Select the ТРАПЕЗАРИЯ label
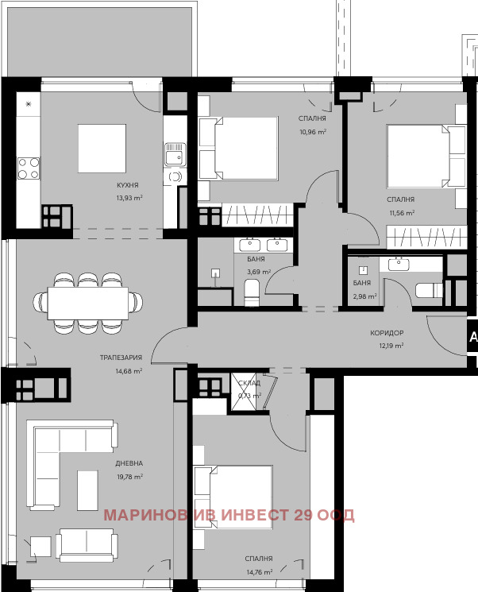coord(121,358)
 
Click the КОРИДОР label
coord(387,334)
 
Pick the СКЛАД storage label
coord(250,384)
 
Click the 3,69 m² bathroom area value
coord(259,272)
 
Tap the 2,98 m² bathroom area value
coord(365,296)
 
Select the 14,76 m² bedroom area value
coord(259,571)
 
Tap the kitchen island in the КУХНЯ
coord(102,148)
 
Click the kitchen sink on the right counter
coord(174,154)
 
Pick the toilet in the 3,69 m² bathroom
coord(252,292)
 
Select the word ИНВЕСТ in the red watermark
coord(251,515)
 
